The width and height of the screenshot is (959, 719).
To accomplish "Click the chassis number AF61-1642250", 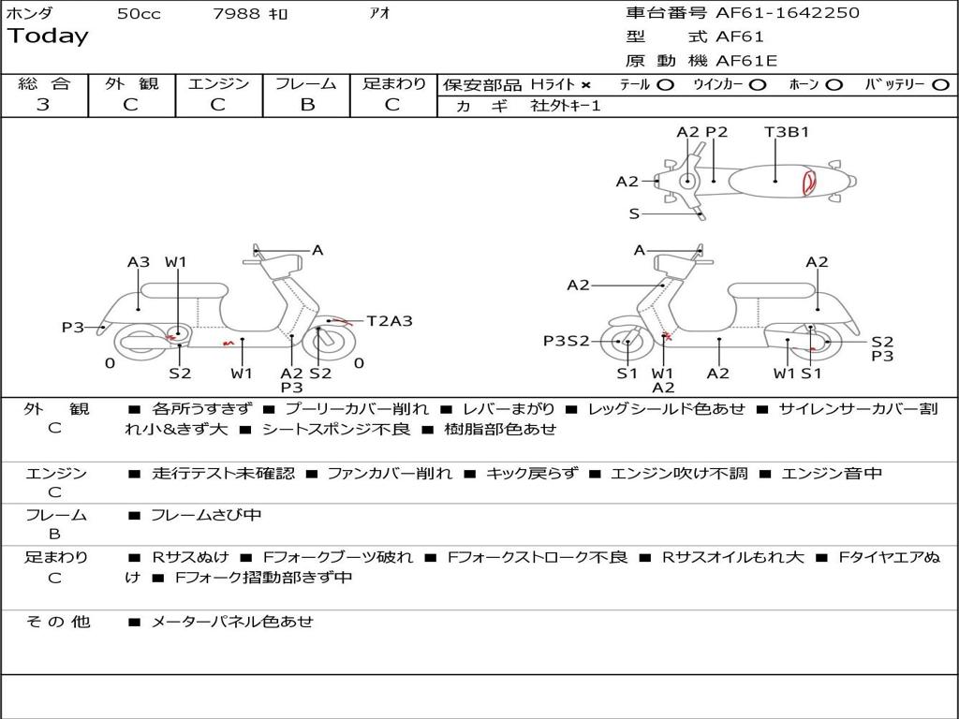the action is click(x=775, y=13).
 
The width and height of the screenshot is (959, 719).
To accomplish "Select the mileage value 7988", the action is click(x=236, y=14).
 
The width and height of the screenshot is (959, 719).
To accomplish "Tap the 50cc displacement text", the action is click(x=139, y=14).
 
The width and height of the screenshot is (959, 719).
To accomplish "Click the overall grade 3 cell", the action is click(x=43, y=105).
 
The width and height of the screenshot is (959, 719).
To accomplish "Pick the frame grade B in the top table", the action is click(x=306, y=105).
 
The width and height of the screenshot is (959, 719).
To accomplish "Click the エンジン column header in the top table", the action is click(x=218, y=84).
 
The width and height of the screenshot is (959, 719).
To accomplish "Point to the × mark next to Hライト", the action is click(x=585, y=85).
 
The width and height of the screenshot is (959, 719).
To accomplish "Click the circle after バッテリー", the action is click(x=940, y=85).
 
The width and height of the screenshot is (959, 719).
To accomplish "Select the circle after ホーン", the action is click(x=834, y=85).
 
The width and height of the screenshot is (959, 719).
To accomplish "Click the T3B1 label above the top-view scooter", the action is click(x=786, y=132).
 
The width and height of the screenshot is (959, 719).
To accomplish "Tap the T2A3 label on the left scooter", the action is click(x=389, y=321).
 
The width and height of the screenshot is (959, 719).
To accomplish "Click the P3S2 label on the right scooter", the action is click(x=567, y=341).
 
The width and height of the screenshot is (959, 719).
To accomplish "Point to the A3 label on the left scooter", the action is click(x=139, y=262).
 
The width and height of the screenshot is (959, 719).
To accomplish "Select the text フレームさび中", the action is click(x=206, y=515).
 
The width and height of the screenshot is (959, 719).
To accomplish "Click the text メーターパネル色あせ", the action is click(x=232, y=622).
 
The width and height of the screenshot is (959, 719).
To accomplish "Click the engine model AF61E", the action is click(x=746, y=61).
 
